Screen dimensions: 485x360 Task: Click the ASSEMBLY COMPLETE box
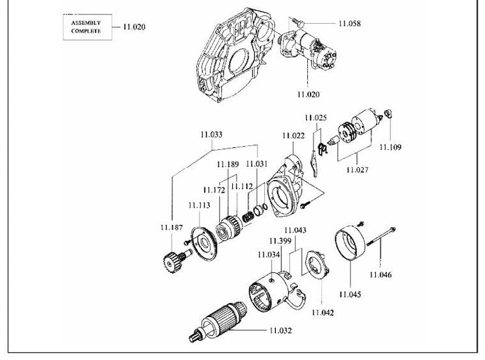point(87,27)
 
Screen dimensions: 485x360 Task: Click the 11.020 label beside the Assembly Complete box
point(134,27)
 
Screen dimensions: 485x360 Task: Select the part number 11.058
point(350,24)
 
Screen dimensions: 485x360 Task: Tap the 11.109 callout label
point(390,147)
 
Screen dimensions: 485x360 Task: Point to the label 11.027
point(358,170)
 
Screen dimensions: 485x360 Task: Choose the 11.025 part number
point(315,118)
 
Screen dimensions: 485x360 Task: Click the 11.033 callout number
point(211,135)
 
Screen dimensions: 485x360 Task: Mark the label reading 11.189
point(228,164)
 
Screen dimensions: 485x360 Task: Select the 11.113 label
point(199,205)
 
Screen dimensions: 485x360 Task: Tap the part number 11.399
point(280,241)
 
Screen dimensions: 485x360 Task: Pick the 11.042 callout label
point(323,313)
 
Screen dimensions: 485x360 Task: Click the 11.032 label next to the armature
point(281,331)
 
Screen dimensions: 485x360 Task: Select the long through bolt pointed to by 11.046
point(381,236)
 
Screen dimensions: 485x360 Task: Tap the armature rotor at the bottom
point(218,321)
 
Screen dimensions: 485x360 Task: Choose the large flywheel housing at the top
point(236,56)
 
